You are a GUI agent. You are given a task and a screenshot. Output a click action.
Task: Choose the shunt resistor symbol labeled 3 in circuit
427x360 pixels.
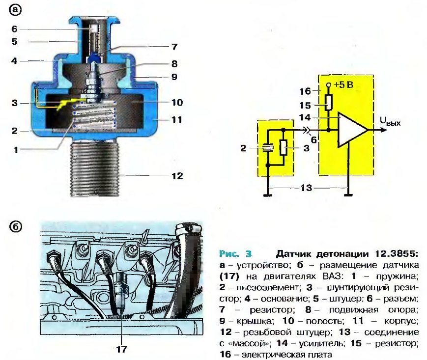click(x=283, y=147)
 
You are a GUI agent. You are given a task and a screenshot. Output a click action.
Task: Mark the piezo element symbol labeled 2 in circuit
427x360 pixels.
click(x=268, y=147)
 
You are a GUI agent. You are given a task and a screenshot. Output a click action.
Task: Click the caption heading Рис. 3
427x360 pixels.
click(x=235, y=254)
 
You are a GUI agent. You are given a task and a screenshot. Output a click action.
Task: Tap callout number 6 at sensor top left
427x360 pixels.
click(x=15, y=28)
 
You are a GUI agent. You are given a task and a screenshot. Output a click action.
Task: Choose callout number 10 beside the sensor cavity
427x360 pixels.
click(x=177, y=103)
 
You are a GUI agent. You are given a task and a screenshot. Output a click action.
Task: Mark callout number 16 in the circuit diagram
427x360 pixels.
click(x=305, y=91)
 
